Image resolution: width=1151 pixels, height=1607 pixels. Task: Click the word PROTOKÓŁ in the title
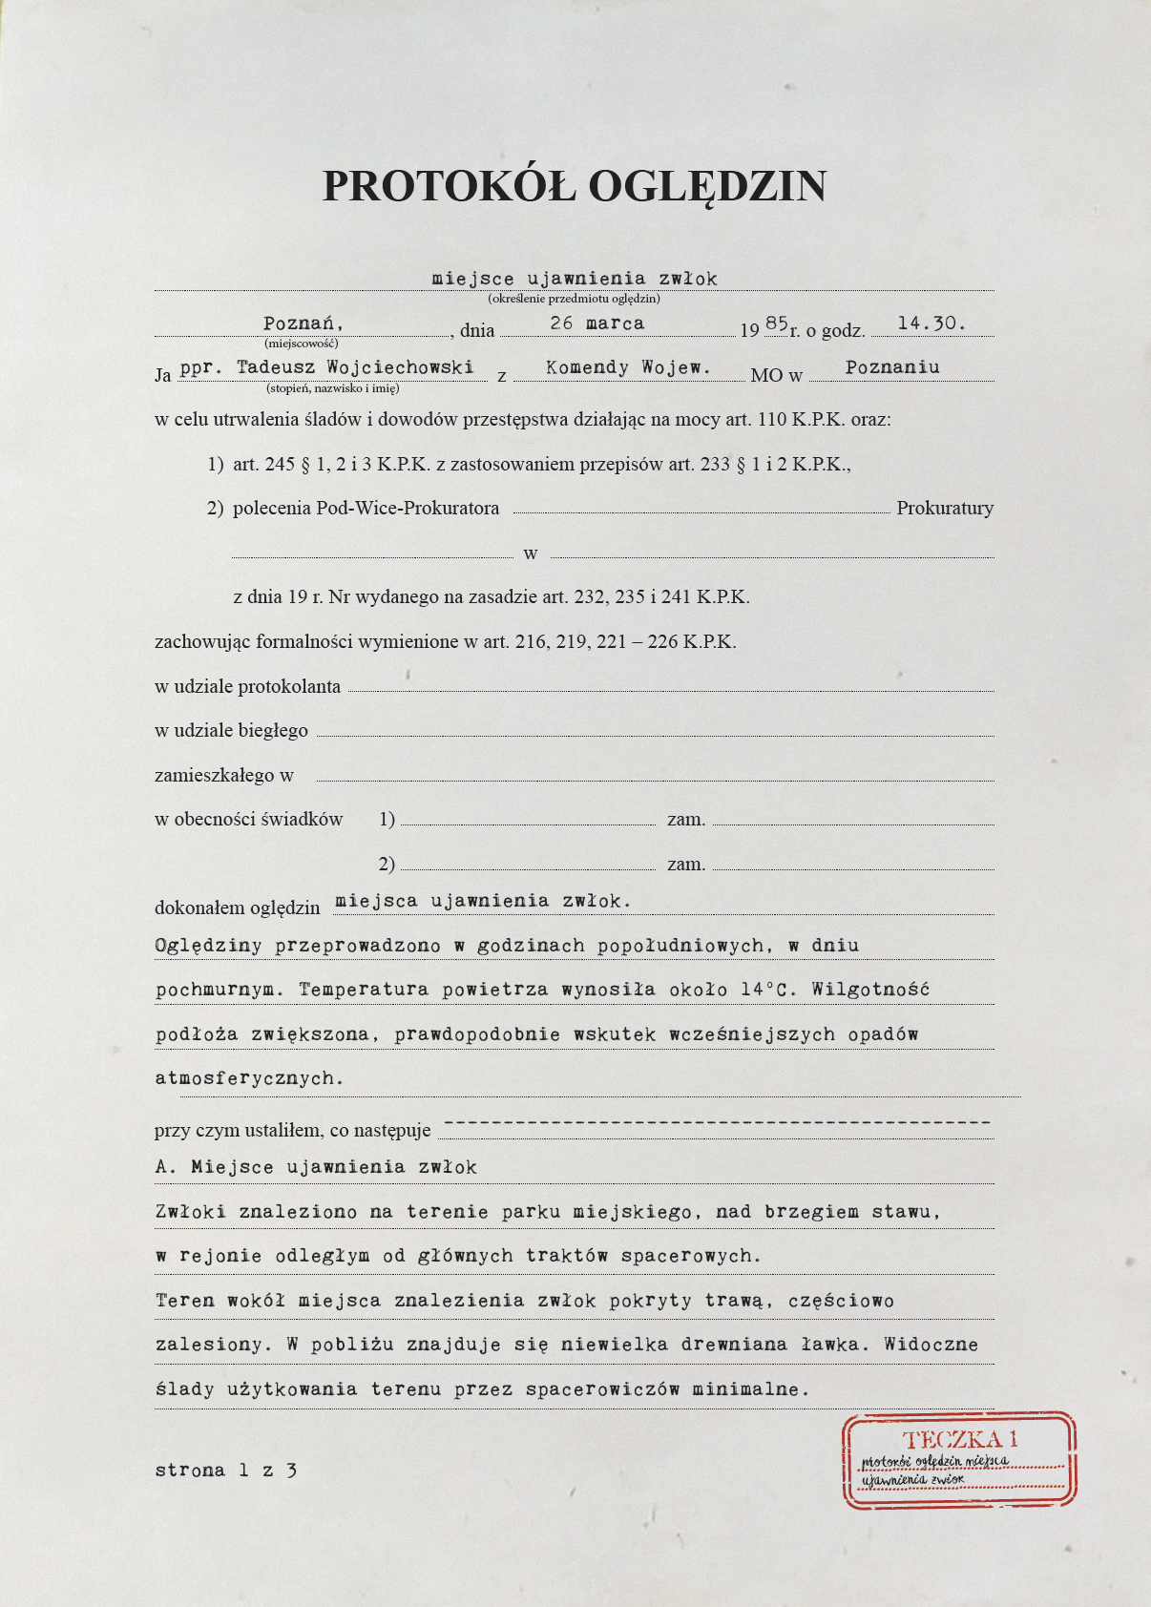[449, 186]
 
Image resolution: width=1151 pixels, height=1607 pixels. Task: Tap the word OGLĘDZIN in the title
[707, 186]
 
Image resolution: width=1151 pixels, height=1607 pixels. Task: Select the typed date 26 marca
[597, 323]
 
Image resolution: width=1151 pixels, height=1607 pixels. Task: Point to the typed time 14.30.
[931, 323]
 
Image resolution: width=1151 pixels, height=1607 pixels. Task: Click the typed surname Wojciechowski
[400, 367]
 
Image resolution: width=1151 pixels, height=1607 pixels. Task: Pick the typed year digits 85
[776, 323]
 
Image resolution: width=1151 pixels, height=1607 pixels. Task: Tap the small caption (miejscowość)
[302, 343]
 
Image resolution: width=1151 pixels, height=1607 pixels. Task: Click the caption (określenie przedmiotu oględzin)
[574, 299]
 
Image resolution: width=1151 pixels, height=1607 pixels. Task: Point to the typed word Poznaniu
[892, 367]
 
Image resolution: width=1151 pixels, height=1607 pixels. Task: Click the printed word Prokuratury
[945, 508]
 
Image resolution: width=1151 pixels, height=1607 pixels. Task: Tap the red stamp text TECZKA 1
[960, 1439]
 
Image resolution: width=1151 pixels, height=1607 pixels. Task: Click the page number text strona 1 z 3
[226, 1471]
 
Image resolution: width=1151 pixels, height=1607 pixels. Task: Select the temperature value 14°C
[768, 990]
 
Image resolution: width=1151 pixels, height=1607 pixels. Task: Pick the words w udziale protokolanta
[247, 686]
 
